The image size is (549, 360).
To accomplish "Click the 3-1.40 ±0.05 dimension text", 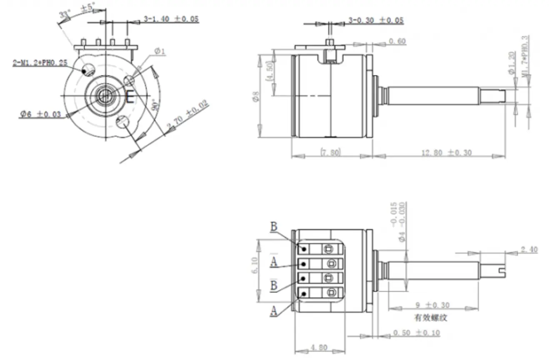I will (x=171, y=19).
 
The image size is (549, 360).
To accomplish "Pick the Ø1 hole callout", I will (x=160, y=51).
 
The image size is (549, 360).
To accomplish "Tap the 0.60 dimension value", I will (x=397, y=41).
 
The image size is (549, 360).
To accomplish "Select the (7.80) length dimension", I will (x=330, y=152).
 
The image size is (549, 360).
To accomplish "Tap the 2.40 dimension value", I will (x=529, y=250).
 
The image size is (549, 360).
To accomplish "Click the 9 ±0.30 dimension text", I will (x=430, y=305).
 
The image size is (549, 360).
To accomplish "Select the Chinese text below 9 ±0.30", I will (x=430, y=317).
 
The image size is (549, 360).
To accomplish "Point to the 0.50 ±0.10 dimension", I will (x=416, y=333).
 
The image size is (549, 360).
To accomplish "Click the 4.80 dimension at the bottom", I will (x=319, y=347).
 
